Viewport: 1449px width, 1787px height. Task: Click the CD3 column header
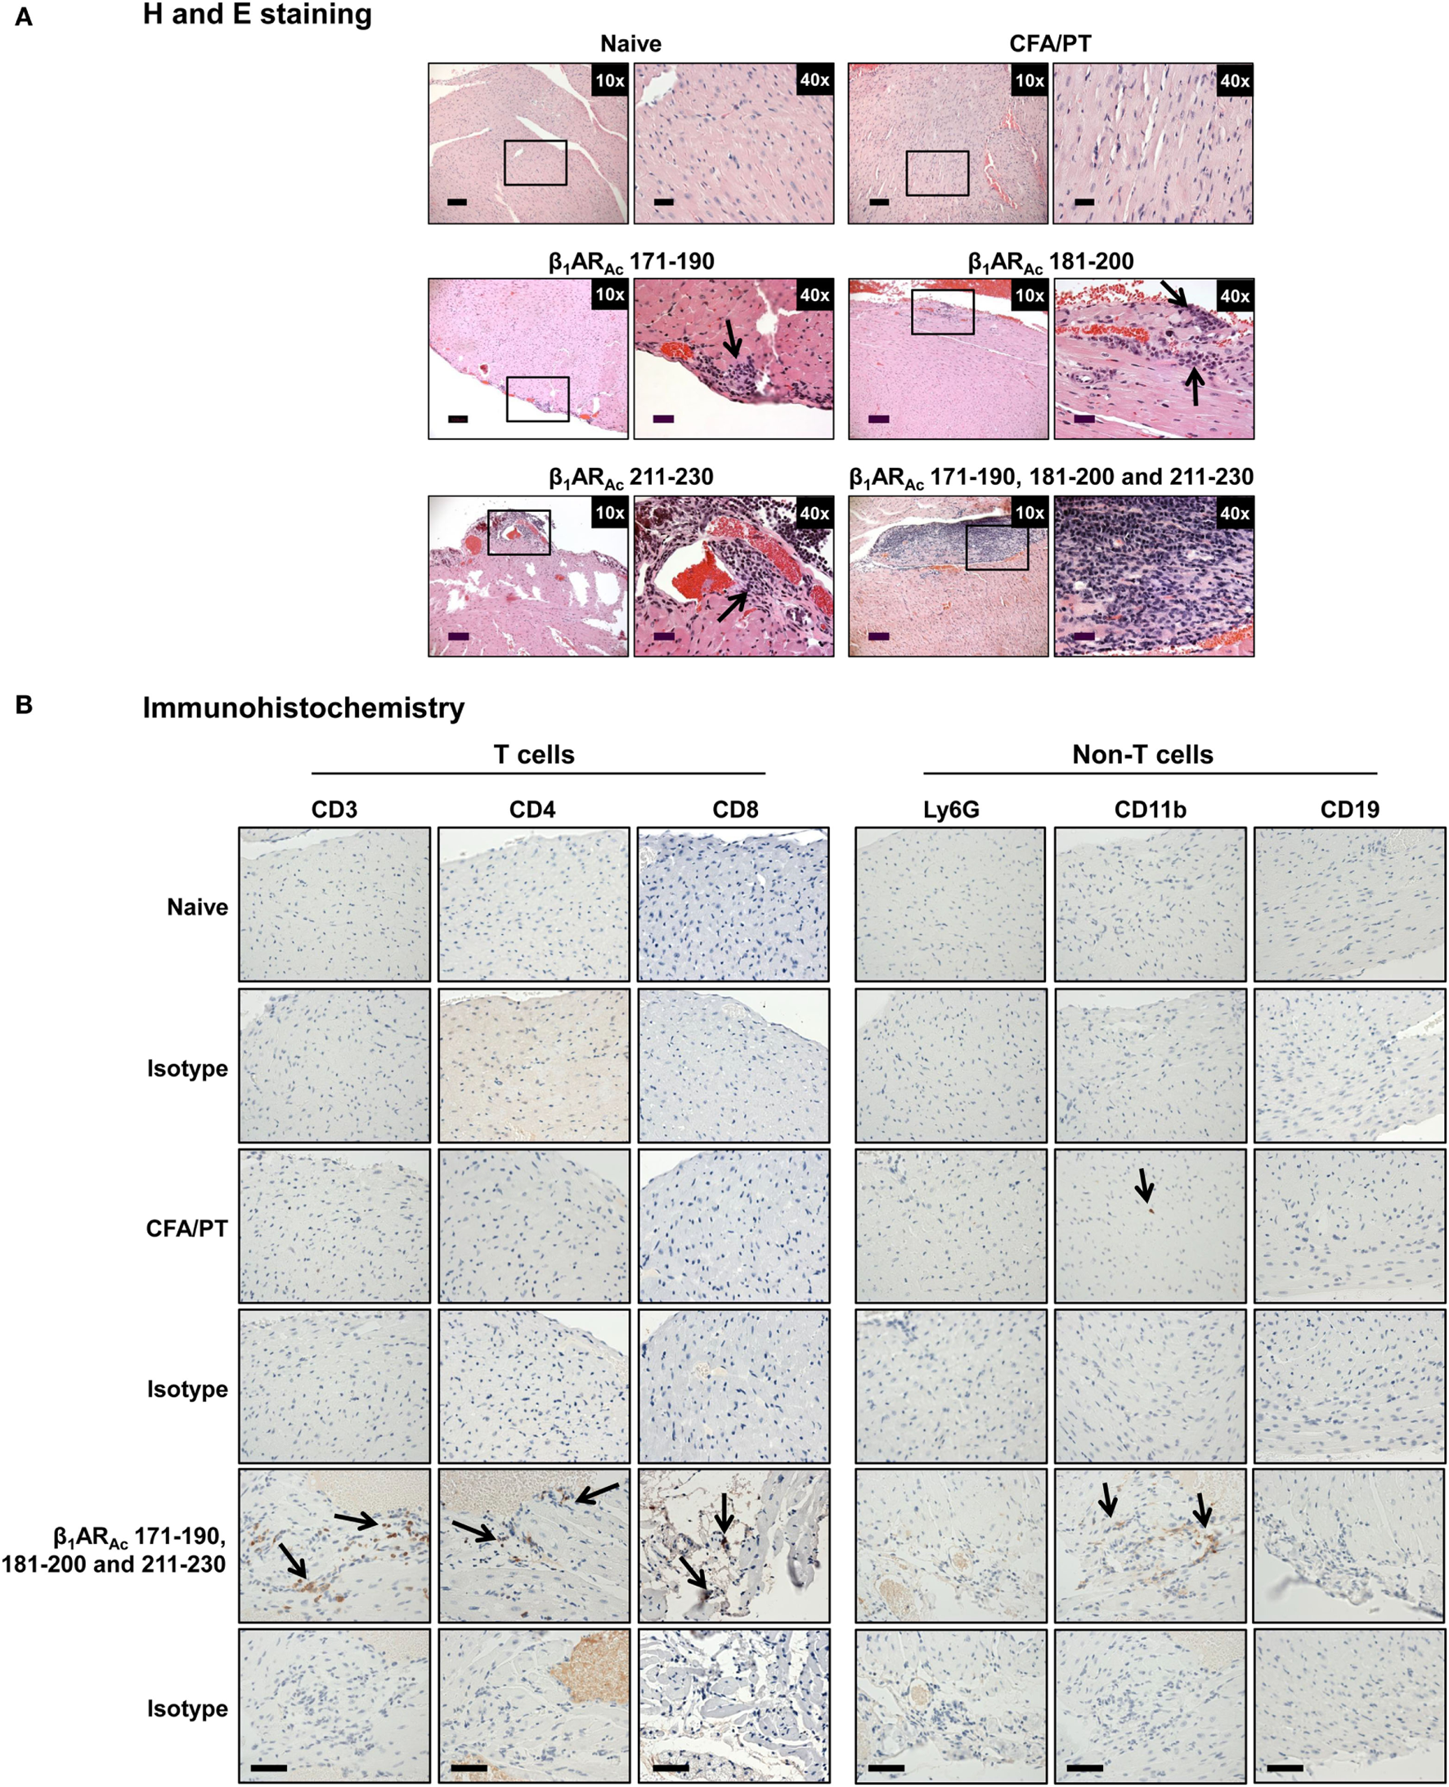click(x=334, y=809)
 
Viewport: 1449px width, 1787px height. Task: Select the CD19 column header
click(x=1350, y=809)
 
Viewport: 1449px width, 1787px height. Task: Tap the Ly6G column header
click(x=951, y=809)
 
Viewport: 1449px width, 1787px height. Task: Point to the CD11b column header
click(x=1151, y=809)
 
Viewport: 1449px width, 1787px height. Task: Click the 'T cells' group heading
click(x=534, y=755)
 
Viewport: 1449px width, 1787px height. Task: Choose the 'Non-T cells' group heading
click(x=1142, y=755)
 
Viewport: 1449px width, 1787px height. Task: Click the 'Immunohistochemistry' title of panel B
click(x=303, y=707)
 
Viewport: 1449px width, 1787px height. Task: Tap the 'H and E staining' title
click(x=257, y=15)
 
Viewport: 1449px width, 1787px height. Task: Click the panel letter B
click(x=25, y=705)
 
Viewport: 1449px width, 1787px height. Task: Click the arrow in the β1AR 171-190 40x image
click(x=732, y=338)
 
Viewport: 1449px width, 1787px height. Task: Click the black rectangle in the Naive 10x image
click(x=535, y=163)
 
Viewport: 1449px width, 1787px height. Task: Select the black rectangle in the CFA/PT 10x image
click(x=937, y=173)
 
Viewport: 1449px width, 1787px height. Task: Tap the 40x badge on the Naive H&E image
click(x=814, y=80)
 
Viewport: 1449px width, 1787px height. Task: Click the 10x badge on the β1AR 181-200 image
click(x=1030, y=295)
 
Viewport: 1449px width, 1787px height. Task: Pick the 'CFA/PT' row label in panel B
click(x=186, y=1228)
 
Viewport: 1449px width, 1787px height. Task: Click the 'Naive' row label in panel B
click(x=197, y=907)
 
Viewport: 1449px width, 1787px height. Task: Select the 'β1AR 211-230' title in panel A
click(x=631, y=478)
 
